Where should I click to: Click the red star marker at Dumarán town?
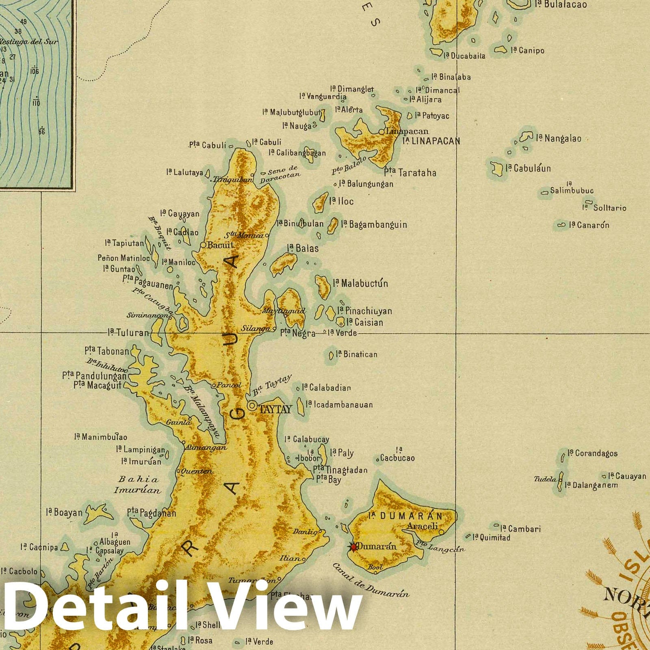[x=353, y=547]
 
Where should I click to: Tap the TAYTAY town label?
[x=275, y=409]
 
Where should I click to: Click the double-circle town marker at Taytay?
[x=252, y=405]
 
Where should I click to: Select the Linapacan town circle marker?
[x=381, y=132]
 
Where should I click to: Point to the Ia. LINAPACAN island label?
[x=431, y=141]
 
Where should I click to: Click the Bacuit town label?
[x=220, y=245]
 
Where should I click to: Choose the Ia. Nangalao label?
[x=559, y=139]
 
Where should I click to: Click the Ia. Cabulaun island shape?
[x=496, y=169]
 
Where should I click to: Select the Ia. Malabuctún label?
[x=360, y=283]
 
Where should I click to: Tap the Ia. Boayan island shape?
[x=98, y=513]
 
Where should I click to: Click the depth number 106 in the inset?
[x=34, y=71]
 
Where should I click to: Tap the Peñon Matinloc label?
[x=123, y=258]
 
